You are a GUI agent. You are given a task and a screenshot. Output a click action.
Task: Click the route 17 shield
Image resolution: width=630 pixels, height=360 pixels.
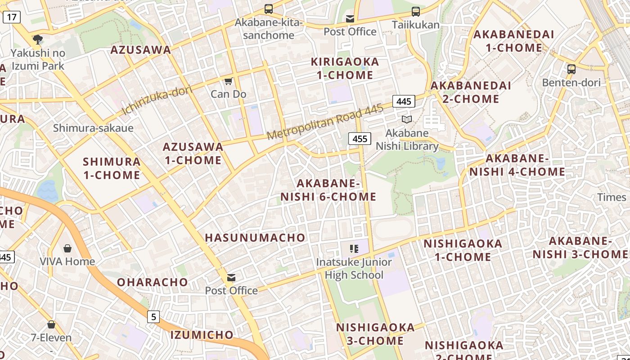pyautogui.click(x=11, y=18)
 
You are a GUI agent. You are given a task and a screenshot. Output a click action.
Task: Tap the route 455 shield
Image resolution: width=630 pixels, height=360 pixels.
pyautogui.click(x=360, y=139)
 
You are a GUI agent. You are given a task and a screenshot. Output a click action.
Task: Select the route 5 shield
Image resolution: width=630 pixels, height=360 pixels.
pyautogui.click(x=153, y=317)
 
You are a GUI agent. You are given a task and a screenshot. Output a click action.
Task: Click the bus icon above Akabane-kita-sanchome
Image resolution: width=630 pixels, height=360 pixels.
pyautogui.click(x=269, y=9)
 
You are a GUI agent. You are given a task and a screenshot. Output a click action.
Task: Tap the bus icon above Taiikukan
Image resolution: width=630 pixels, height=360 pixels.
pyautogui.click(x=415, y=12)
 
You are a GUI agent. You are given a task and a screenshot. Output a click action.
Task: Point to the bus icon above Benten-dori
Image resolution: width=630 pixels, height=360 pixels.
pyautogui.click(x=571, y=69)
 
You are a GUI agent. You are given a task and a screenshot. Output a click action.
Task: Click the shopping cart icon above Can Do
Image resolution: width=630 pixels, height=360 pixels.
pyautogui.click(x=228, y=81)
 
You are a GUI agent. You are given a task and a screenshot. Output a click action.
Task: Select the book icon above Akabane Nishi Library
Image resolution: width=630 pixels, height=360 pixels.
pyautogui.click(x=406, y=120)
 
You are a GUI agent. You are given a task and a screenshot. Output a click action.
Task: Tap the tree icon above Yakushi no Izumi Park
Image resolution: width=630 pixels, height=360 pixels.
pyautogui.click(x=38, y=40)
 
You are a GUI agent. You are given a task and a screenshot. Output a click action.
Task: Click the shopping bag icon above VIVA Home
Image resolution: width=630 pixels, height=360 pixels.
pyautogui.click(x=67, y=248)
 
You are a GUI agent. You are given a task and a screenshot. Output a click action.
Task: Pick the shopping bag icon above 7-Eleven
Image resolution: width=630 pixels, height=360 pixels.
pyautogui.click(x=51, y=324)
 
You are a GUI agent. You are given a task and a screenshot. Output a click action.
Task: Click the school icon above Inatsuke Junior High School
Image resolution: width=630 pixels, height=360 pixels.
pyautogui.click(x=354, y=248)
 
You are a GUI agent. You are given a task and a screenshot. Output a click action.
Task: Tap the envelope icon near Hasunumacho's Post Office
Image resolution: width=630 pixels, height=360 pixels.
pyautogui.click(x=231, y=278)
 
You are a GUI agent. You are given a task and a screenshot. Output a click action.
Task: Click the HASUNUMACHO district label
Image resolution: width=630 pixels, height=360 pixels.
pyautogui.click(x=255, y=238)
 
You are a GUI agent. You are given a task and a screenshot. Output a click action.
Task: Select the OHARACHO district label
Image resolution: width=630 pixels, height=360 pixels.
pyautogui.click(x=153, y=282)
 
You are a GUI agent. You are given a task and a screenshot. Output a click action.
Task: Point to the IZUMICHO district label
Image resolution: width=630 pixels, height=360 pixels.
pyautogui.click(x=202, y=335)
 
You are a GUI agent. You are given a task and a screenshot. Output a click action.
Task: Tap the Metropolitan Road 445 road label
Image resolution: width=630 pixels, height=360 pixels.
pyautogui.click(x=325, y=121)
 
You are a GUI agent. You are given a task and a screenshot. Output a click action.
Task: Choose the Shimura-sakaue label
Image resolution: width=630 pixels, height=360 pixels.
pyautogui.click(x=93, y=128)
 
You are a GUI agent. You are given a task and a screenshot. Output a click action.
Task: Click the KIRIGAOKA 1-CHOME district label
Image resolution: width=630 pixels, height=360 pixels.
pyautogui.click(x=345, y=68)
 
